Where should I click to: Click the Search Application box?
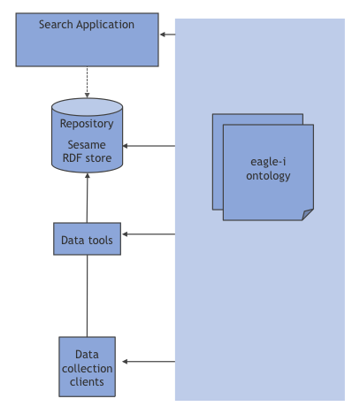coord(87,40)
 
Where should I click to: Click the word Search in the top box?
coord(56,24)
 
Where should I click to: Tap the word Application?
coord(105,25)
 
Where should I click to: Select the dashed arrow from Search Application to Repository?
coord(87,82)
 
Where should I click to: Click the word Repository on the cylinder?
coord(87,124)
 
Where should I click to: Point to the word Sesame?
coord(87,145)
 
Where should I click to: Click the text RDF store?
coord(87,158)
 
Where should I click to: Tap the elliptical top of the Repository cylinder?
coord(87,107)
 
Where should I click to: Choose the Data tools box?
coord(87,239)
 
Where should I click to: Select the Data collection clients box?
coord(87,366)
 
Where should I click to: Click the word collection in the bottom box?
coord(87,368)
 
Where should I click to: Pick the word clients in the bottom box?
coord(87,382)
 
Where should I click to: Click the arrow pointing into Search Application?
coord(167,34)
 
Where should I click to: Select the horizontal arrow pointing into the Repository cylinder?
coord(149,146)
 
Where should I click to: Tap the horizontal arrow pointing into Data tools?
coord(149,234)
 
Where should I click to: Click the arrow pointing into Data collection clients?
coord(149,362)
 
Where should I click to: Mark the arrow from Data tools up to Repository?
coord(88,198)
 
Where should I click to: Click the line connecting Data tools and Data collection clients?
coord(87,296)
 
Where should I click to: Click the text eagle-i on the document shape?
coord(268,162)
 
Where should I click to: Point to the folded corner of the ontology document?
coord(308,214)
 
